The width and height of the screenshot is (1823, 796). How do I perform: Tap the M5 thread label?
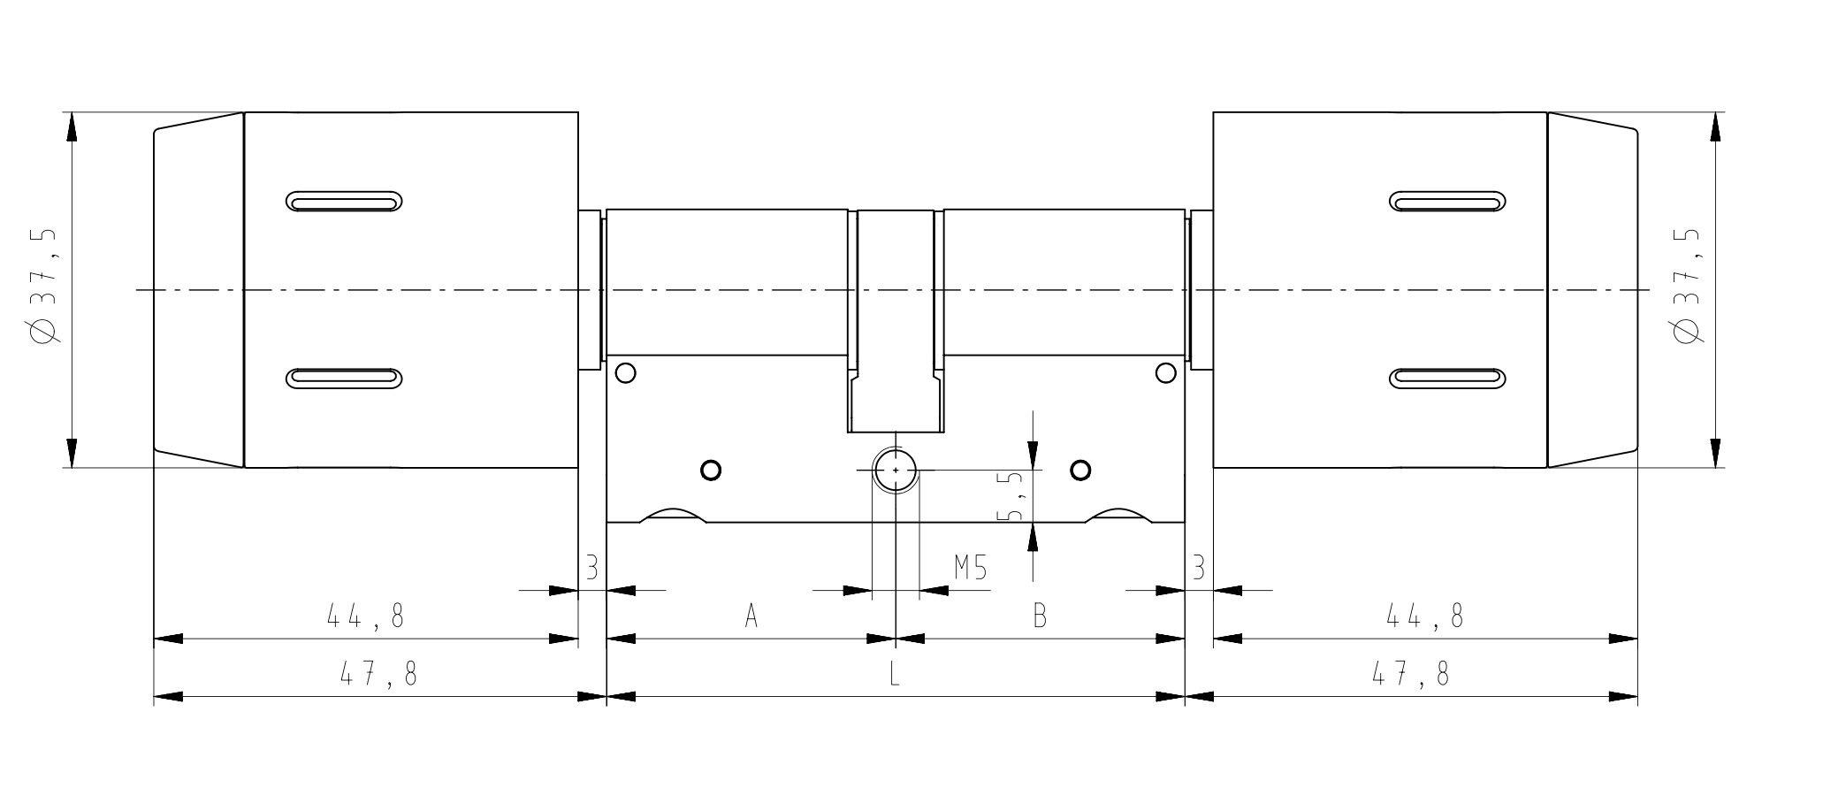[x=970, y=567]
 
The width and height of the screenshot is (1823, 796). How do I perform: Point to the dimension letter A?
[x=751, y=616]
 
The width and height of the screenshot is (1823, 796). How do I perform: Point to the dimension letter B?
[x=1040, y=616]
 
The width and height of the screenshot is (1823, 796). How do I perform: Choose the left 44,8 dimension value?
[x=365, y=616]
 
